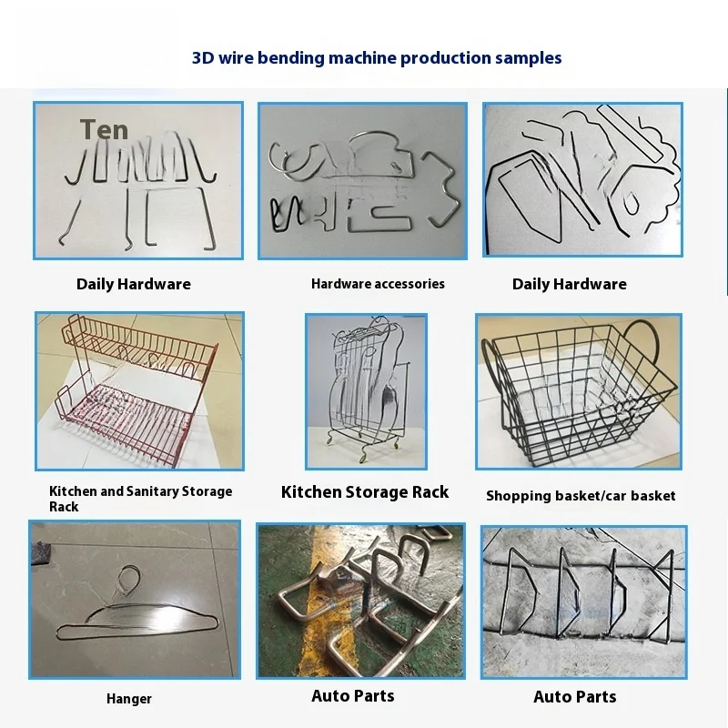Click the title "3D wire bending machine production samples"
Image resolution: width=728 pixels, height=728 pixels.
[x=377, y=58]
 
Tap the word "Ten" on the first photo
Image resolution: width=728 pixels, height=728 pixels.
[x=104, y=130]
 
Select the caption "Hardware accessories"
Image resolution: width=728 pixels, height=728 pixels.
[x=378, y=284]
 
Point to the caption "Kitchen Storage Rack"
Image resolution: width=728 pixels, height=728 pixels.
[x=364, y=492]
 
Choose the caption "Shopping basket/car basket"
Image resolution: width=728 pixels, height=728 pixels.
[x=581, y=496]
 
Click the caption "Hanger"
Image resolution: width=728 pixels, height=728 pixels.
[x=128, y=699]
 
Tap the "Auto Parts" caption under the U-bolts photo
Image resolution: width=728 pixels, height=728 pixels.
[x=353, y=696]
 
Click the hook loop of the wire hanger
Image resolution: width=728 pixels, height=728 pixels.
[x=130, y=576]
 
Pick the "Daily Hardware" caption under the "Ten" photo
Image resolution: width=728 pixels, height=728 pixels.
[x=134, y=284]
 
